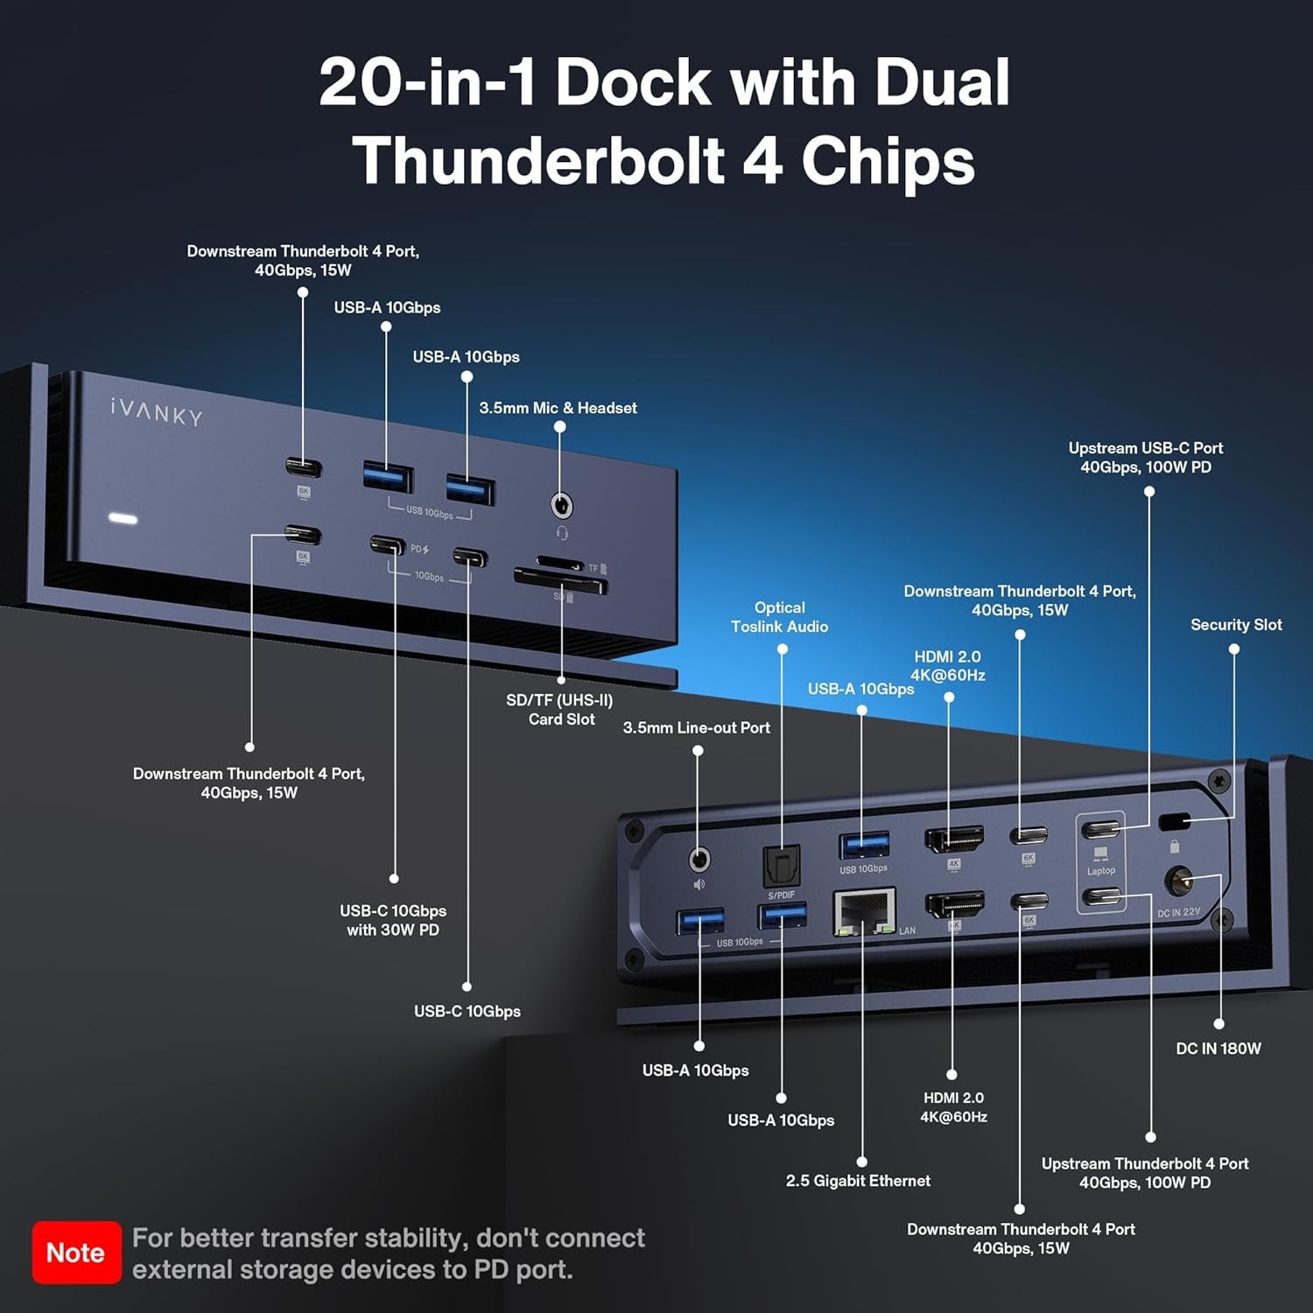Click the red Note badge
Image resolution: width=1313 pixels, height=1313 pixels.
tap(76, 1253)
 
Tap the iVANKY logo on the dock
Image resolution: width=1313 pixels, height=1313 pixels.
tap(157, 411)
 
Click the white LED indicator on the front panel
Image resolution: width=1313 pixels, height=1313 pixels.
tap(123, 519)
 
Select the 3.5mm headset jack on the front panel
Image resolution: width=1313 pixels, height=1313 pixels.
tap(561, 506)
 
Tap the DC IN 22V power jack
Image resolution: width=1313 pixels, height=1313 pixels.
tap(1179, 881)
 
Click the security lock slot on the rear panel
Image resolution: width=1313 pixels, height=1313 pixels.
tap(1174, 821)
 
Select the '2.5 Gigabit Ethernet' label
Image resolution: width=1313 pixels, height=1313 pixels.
tap(858, 1181)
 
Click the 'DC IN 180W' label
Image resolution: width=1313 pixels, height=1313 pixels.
tap(1218, 1049)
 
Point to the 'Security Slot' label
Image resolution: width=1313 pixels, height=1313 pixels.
tap(1235, 625)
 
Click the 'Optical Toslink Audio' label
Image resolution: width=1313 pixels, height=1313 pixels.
tap(779, 617)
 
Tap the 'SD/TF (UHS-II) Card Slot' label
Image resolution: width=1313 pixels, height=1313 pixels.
tap(560, 710)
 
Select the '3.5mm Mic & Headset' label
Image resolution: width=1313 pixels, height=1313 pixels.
tap(558, 408)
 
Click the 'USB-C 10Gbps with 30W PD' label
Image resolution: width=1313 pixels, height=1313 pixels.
tap(393, 920)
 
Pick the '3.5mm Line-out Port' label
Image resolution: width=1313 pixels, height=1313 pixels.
tap(696, 727)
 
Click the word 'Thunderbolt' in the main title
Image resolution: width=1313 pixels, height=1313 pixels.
tap(538, 161)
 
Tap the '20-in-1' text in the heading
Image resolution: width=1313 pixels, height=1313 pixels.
tap(427, 82)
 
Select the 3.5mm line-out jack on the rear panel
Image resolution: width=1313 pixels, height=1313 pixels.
tap(699, 860)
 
